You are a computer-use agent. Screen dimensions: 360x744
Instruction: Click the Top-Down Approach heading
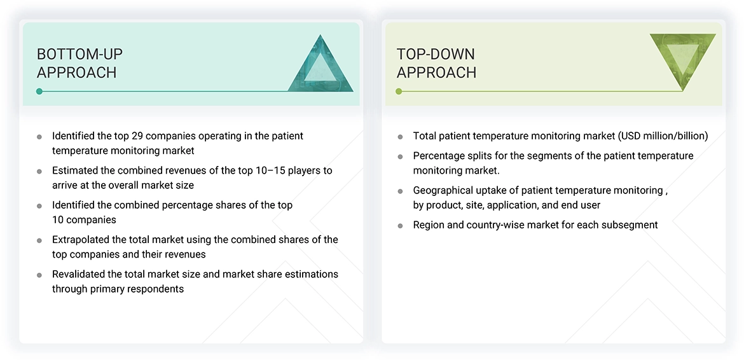[436, 63]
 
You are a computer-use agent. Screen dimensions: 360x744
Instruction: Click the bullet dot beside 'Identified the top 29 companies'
[39, 137]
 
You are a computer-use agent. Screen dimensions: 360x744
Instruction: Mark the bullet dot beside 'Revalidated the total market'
[39, 275]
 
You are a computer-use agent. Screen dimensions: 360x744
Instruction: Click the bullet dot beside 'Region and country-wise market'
[400, 225]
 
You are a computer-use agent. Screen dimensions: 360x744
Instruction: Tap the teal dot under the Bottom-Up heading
[39, 92]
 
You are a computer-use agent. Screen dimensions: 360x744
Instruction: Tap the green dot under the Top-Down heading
[399, 92]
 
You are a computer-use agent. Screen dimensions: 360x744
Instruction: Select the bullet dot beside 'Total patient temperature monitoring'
[400, 137]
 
